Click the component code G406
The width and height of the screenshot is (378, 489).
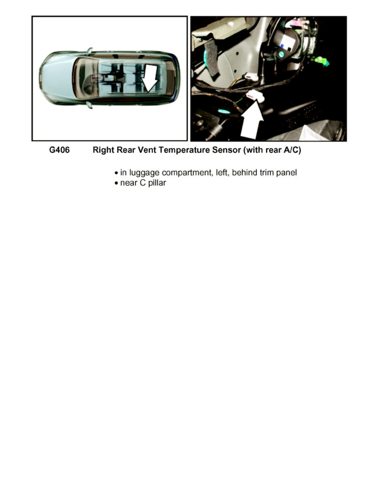point(59,150)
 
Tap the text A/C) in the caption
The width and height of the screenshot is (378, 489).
point(292,150)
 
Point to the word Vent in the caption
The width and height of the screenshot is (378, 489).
point(147,150)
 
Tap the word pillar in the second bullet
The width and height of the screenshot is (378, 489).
point(157,183)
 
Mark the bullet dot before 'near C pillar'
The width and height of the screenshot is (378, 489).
point(117,183)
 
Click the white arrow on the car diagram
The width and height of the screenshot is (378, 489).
point(150,78)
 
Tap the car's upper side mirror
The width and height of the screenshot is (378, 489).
point(89,51)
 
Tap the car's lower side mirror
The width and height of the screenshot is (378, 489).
point(89,105)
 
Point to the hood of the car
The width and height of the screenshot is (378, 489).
point(56,78)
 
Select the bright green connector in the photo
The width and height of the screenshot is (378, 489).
point(322,61)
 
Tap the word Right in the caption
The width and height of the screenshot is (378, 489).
point(103,150)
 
